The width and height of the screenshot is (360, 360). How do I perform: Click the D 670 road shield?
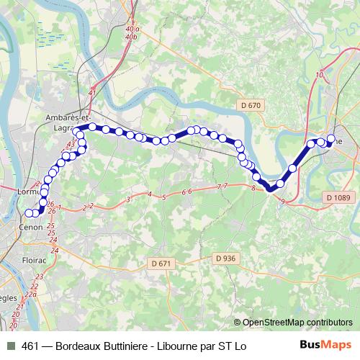point(251,105)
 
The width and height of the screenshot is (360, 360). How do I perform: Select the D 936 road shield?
point(225,258)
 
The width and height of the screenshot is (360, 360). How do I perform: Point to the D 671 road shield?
point(162,264)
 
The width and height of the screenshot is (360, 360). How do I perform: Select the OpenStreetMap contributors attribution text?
point(297,323)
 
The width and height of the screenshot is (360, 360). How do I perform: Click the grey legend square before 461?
point(10,346)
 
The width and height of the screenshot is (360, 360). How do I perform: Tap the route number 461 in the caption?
point(31,346)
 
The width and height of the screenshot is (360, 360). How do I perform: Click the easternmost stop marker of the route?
point(331,139)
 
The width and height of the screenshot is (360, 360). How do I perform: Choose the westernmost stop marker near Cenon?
point(29,213)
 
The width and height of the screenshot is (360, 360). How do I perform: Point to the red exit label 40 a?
point(130,28)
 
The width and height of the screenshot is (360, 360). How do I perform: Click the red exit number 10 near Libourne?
point(319,75)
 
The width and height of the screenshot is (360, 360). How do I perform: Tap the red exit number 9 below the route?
point(284,201)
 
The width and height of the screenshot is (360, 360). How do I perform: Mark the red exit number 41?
point(91,93)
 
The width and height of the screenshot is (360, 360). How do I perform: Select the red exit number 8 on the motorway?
point(253,188)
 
